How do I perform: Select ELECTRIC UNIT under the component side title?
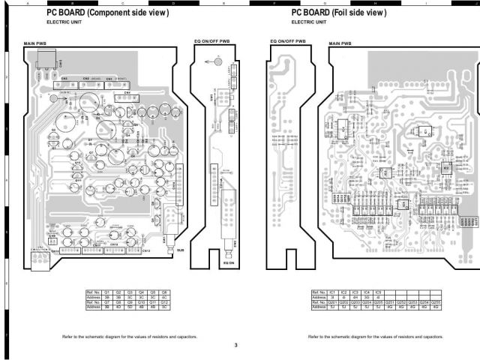[64, 22]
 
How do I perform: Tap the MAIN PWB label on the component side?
[35, 45]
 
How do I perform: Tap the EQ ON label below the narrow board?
[229, 263]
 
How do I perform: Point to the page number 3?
[235, 344]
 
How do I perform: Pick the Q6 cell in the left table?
[164, 291]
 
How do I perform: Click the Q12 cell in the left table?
[164, 301]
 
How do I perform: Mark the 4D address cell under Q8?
[118, 307]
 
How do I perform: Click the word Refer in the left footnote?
[67, 337]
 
